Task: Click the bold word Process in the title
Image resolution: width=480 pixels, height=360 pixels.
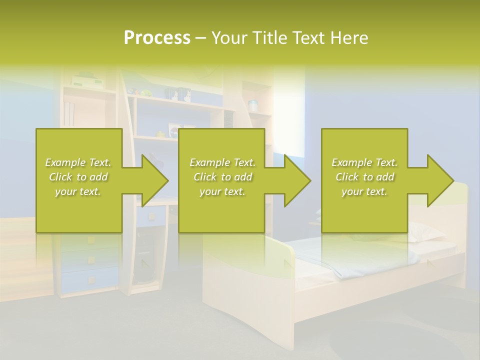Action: (x=157, y=38)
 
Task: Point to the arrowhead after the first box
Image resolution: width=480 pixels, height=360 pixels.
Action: (x=155, y=180)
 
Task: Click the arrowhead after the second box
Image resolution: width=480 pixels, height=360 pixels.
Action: (x=297, y=180)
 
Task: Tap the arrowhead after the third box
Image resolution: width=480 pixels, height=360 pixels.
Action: (x=440, y=180)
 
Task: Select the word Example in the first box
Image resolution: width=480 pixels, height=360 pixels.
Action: (x=65, y=162)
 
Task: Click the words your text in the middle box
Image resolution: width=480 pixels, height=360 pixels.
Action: (x=221, y=191)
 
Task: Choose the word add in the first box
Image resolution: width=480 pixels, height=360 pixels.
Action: (x=98, y=177)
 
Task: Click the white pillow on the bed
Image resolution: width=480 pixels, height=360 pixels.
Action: (x=425, y=232)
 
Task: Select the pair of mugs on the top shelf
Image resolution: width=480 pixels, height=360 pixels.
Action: (x=178, y=94)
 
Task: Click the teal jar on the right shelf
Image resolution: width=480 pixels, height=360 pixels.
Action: (x=253, y=105)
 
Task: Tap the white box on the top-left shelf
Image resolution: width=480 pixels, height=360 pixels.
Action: (x=87, y=81)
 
